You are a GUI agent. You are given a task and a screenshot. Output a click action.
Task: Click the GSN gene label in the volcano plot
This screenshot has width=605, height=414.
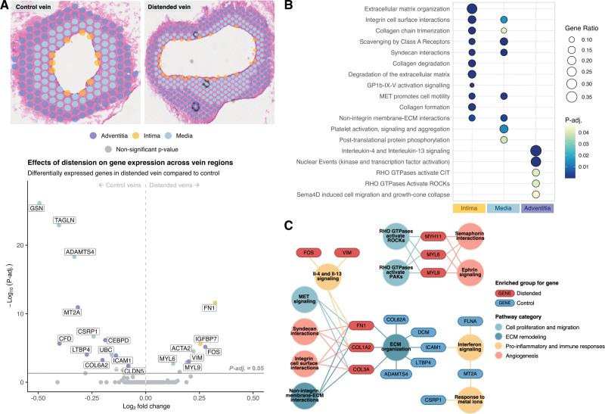pos(36,207)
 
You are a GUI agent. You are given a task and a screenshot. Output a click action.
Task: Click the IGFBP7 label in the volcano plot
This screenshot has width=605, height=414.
pos(206,338)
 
